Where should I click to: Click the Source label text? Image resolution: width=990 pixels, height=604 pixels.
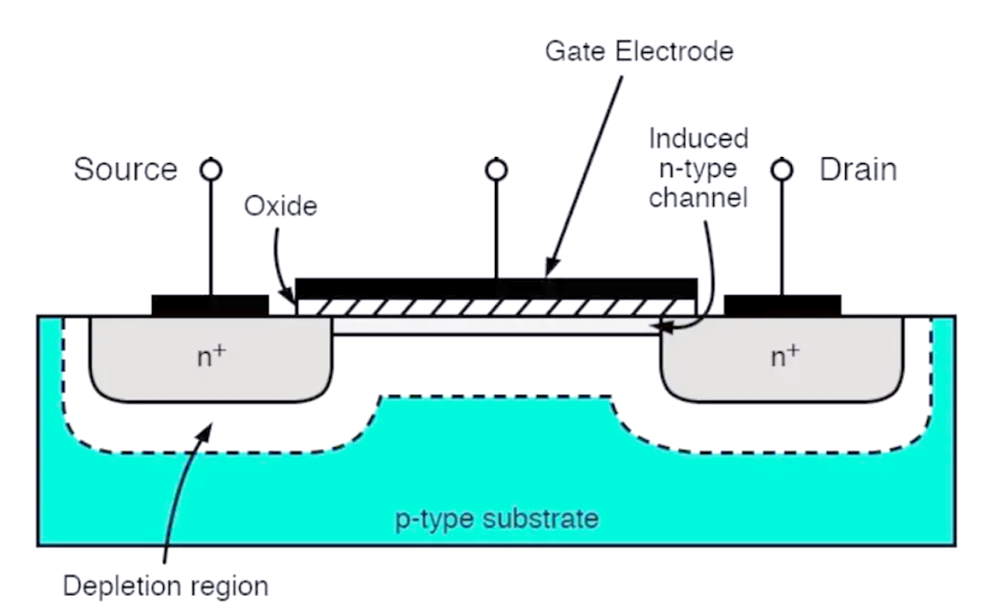[126, 170]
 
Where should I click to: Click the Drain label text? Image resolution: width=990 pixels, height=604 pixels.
[858, 170]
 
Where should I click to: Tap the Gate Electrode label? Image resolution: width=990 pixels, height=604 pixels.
[639, 51]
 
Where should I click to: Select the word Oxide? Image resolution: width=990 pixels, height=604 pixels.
[280, 205]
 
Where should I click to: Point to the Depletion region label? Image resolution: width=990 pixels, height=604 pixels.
[165, 586]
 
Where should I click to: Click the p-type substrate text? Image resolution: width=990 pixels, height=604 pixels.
[497, 519]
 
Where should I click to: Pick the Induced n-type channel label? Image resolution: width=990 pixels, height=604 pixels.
[698, 168]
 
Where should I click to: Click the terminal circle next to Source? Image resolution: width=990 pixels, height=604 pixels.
[211, 170]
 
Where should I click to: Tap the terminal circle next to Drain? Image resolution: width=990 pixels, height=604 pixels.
[782, 170]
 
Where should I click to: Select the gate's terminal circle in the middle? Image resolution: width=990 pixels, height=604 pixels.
[496, 170]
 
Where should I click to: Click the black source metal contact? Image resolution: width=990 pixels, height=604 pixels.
[210, 305]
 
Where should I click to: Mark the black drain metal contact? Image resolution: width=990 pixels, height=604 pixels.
[782, 305]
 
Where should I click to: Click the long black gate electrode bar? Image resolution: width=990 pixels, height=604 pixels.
[496, 288]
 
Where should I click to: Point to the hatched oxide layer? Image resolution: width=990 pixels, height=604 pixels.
[496, 307]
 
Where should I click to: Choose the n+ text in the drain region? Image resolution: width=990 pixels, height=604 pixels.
[785, 357]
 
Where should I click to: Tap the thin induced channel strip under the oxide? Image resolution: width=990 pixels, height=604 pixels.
[496, 325]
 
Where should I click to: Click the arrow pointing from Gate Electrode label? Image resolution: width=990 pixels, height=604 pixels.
[584, 177]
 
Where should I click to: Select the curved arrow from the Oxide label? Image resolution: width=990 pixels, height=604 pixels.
[279, 265]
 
